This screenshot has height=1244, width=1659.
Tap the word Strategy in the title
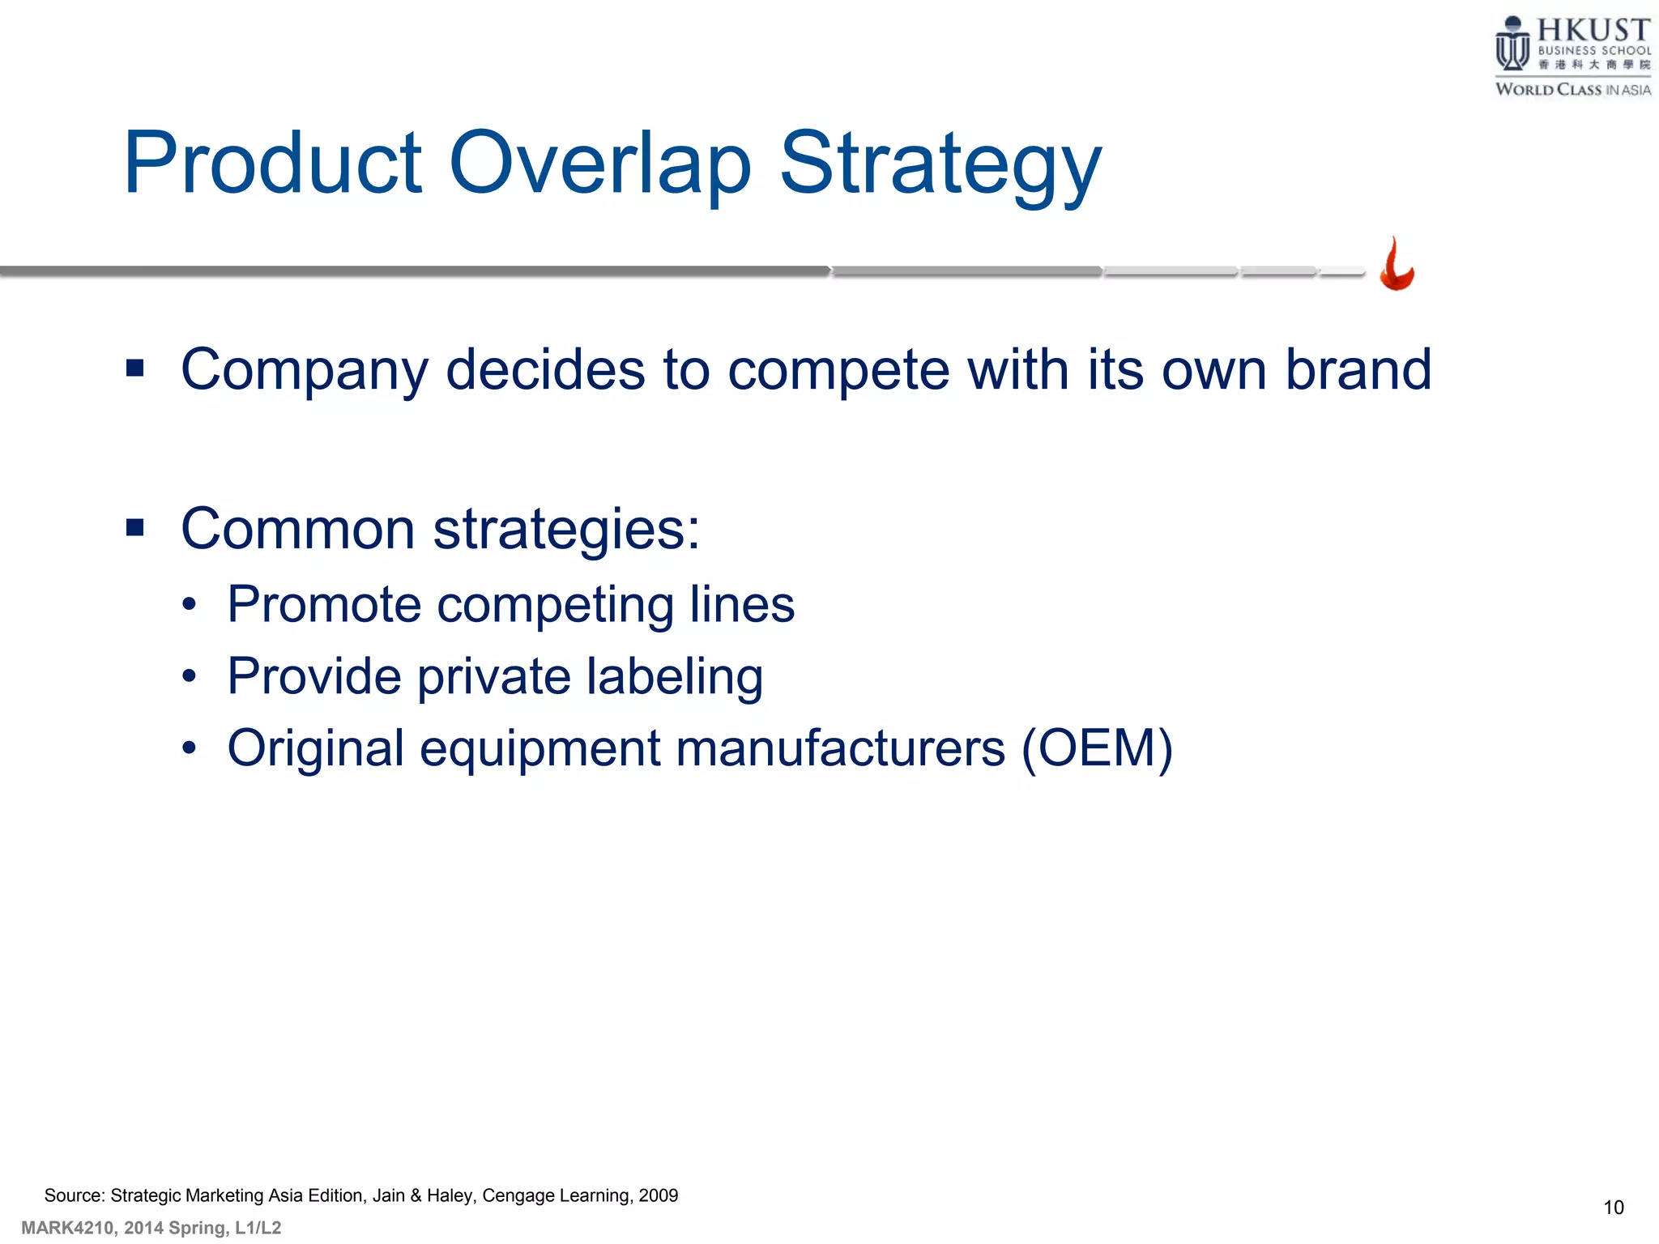tap(940, 166)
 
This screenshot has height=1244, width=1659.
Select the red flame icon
tap(1397, 265)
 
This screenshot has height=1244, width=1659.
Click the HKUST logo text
tap(1593, 30)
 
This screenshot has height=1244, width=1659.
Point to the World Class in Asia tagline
tap(1572, 90)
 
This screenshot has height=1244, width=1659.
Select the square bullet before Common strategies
tap(135, 529)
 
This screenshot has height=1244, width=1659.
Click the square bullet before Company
tap(135, 369)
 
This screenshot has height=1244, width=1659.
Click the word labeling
tap(675, 677)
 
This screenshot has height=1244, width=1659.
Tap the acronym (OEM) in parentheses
tap(1097, 748)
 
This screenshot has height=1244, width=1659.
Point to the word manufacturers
tap(840, 748)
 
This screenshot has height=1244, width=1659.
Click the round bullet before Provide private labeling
tap(189, 676)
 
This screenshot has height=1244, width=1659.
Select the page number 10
tap(1613, 1208)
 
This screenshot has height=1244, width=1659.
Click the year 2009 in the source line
tap(658, 1195)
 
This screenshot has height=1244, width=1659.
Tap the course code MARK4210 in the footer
tap(67, 1228)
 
